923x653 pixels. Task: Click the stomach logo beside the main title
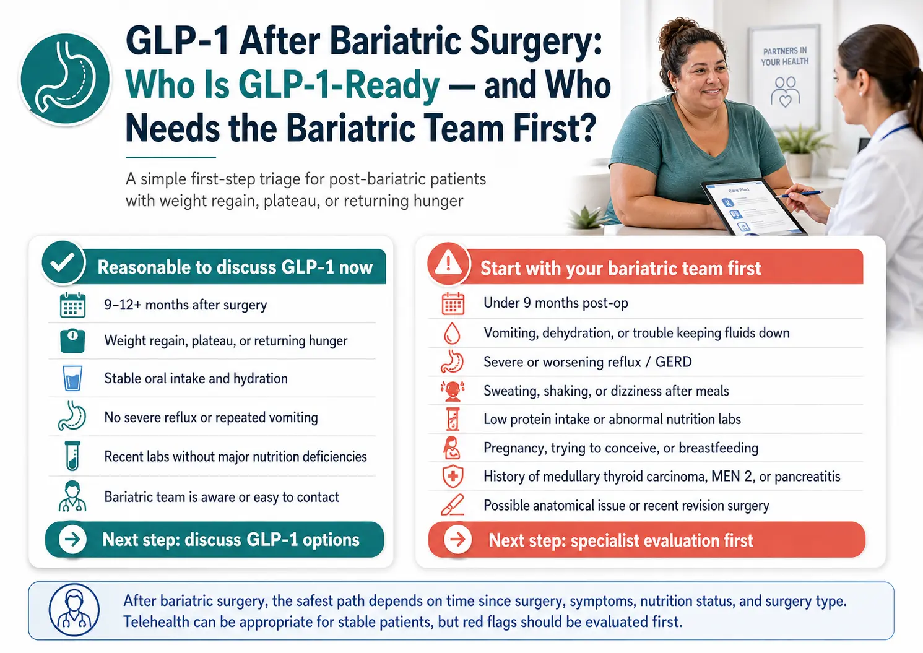coord(65,79)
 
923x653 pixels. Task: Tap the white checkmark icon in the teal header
coord(63,262)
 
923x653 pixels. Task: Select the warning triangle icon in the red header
coord(449,263)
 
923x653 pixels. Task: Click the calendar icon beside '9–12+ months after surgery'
coord(72,305)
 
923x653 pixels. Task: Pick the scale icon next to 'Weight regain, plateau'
coord(72,340)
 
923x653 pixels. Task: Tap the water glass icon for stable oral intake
coord(72,378)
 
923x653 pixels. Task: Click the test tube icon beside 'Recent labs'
coord(72,456)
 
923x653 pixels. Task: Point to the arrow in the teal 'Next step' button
coord(72,539)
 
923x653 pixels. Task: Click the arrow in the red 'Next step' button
coord(457,539)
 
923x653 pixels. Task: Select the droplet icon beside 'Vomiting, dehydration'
coord(452,333)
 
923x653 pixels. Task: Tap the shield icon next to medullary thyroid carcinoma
coord(453,477)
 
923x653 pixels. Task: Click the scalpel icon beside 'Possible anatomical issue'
coord(453,504)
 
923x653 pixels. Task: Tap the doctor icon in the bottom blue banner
coord(74,610)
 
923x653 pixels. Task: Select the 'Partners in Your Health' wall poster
coord(784,77)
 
